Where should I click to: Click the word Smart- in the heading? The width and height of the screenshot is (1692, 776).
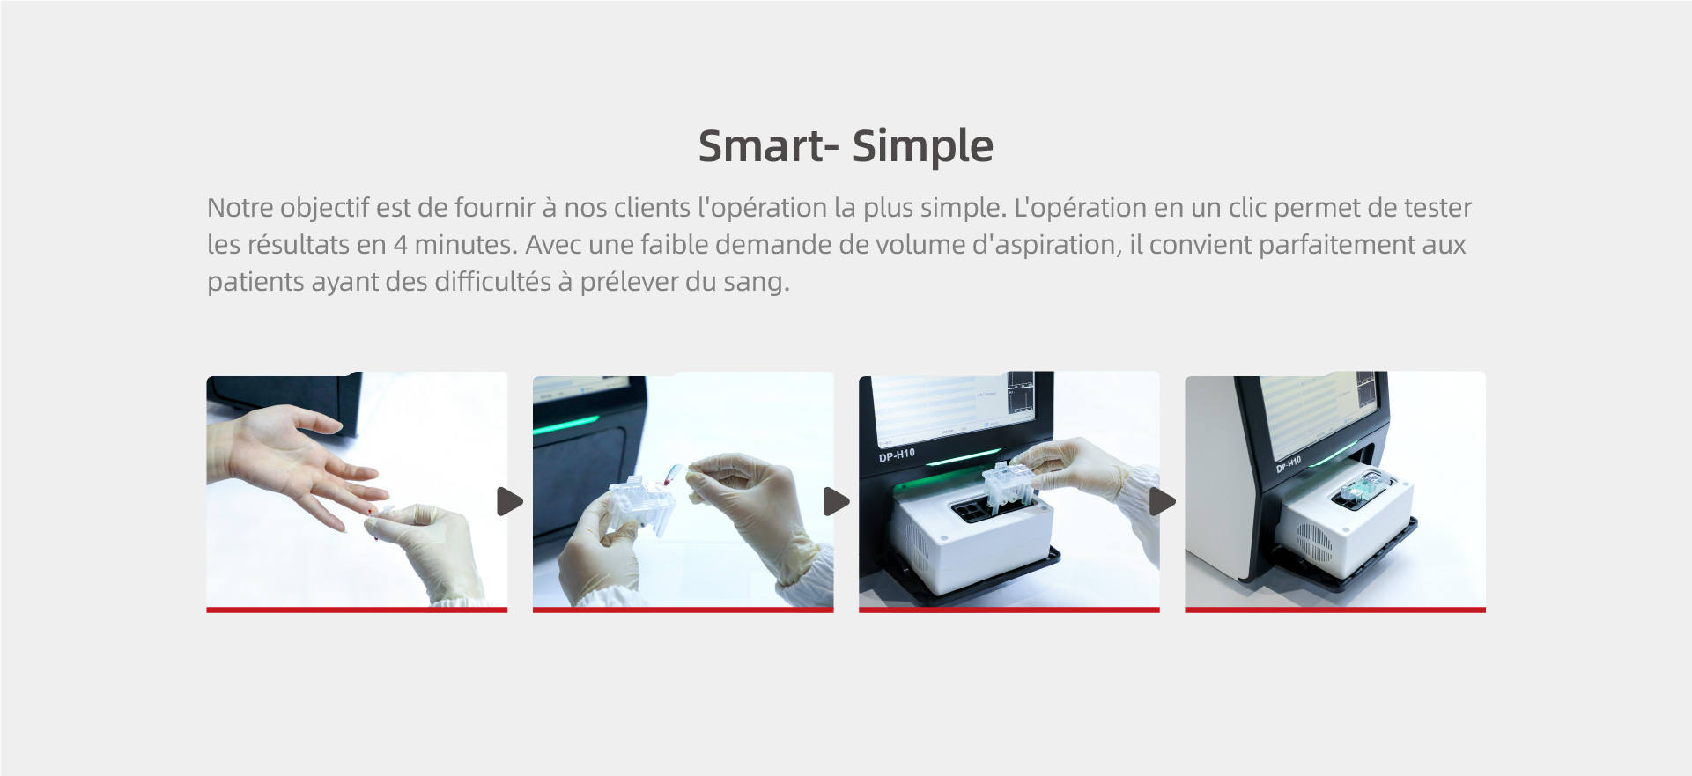[767, 145]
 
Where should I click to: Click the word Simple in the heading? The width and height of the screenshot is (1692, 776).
[923, 147]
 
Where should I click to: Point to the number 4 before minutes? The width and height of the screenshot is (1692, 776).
[400, 245]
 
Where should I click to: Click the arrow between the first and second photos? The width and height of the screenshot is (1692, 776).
[509, 502]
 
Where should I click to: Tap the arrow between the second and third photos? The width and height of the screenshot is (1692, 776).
[836, 502]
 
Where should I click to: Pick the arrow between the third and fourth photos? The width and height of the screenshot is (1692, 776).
[1162, 502]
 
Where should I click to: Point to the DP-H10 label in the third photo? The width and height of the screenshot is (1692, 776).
[897, 455]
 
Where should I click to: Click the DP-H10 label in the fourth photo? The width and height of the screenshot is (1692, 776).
[1289, 464]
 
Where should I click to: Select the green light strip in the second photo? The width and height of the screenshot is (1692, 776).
[567, 425]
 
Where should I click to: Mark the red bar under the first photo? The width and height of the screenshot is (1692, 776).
[357, 610]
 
